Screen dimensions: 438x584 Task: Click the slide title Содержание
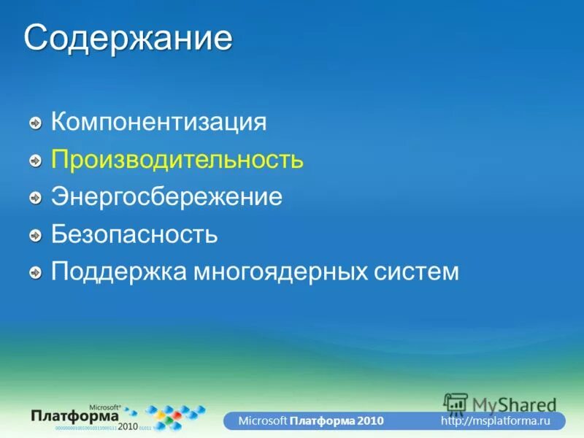point(128,38)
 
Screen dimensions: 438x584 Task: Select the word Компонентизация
point(158,121)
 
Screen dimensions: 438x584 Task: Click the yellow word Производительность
point(177,159)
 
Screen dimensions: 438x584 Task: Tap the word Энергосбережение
point(166,197)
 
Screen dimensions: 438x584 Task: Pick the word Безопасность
point(134,234)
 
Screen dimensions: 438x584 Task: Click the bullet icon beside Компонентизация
point(36,123)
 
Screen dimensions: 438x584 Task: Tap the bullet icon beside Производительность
point(36,161)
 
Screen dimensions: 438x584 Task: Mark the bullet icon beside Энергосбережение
point(36,198)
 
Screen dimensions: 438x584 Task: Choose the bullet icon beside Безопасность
point(36,236)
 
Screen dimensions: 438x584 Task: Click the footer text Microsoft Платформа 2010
point(310,422)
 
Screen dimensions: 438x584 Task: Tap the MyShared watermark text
point(514,404)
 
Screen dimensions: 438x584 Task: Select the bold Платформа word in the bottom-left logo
point(75,415)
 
